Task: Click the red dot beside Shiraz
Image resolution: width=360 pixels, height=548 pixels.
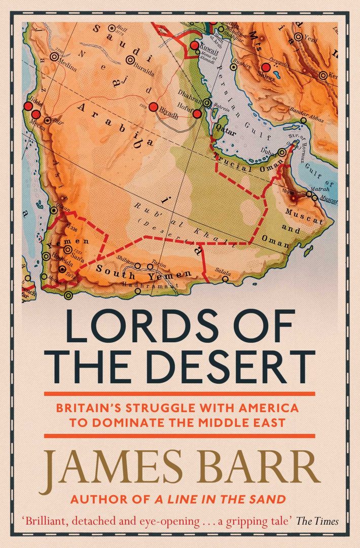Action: [x=265, y=66]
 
